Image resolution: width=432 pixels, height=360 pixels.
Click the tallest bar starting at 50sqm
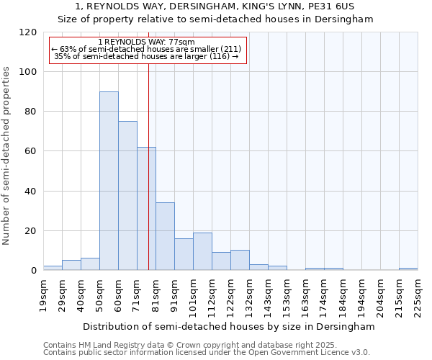pos(109,181)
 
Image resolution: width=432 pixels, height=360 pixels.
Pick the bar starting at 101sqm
pos(202,251)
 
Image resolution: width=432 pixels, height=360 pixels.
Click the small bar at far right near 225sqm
pos(408,269)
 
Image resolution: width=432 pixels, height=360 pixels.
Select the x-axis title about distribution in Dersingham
pos(229,326)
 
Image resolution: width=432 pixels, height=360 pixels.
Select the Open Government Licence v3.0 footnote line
pos(207,353)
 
